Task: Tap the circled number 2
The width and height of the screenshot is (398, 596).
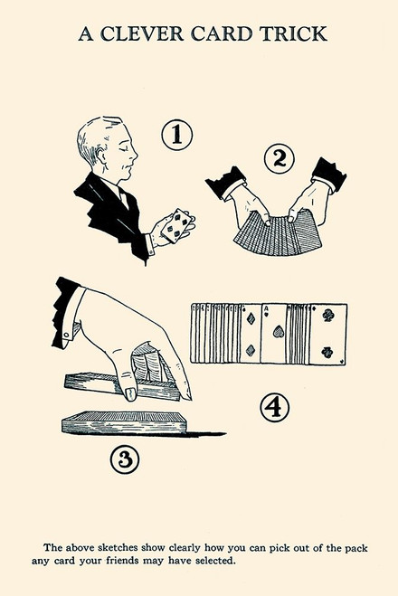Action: pyautogui.click(x=280, y=159)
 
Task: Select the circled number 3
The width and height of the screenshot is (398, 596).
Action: pyautogui.click(x=126, y=459)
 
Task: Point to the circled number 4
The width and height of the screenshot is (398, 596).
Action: pyautogui.click(x=274, y=408)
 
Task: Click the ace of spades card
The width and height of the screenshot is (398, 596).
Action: pyautogui.click(x=274, y=334)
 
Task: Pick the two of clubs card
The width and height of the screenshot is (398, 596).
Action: pyautogui.click(x=327, y=334)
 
